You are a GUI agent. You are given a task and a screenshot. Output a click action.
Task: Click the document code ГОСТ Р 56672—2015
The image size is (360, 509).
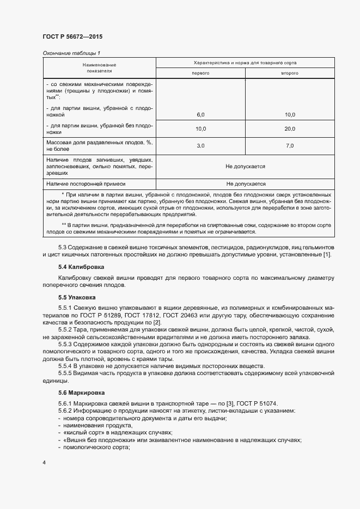click(72, 36)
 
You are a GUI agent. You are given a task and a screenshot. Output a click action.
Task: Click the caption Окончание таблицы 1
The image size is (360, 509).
click(71, 52)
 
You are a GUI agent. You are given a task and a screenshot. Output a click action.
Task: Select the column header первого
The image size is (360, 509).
click(201, 73)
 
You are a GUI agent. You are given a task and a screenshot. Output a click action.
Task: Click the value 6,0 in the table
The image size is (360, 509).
click(200, 115)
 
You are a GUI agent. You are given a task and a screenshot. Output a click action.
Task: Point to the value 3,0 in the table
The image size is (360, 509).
click(200, 146)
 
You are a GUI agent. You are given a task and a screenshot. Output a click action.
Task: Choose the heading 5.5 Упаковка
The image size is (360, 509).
click(77, 298)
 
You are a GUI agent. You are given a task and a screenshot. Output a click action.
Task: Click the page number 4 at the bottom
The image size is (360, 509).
click(44, 463)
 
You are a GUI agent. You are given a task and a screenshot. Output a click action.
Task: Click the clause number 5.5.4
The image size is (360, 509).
click(66, 366)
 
